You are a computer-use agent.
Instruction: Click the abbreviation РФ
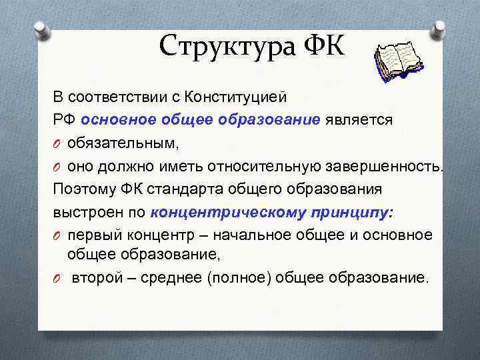65,119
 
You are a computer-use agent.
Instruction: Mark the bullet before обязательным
57,143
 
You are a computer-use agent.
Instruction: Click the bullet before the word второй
57,277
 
